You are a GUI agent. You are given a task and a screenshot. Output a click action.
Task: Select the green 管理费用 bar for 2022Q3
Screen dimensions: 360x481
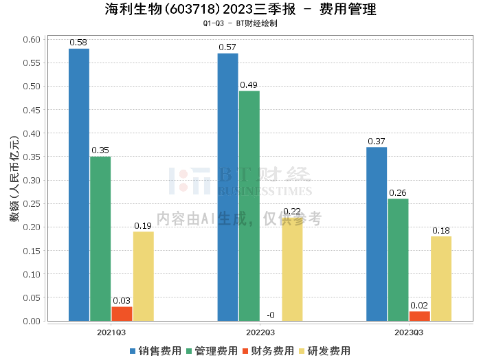(x=249, y=205)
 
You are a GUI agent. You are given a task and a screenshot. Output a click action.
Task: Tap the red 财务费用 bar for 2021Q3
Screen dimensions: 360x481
(x=122, y=313)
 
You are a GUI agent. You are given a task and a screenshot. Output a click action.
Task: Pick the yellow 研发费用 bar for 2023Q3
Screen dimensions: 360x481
(x=441, y=278)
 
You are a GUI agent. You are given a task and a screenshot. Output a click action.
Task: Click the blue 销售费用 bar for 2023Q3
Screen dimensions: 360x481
(x=377, y=234)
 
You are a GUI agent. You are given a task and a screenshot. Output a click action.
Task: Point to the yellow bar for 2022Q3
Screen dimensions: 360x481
(x=292, y=269)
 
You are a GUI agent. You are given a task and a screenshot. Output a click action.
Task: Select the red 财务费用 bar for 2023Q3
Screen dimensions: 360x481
(x=419, y=316)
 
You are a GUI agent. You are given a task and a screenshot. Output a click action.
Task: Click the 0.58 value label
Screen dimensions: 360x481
(x=79, y=43)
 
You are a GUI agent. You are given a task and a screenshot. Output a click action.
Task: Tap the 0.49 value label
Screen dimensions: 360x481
(x=249, y=85)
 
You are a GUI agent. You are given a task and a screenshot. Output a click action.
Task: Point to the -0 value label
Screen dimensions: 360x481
(x=271, y=315)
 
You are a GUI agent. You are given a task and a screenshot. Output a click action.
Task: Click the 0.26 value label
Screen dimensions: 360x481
(x=398, y=193)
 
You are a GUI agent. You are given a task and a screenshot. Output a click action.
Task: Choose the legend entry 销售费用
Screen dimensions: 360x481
(x=155, y=351)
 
